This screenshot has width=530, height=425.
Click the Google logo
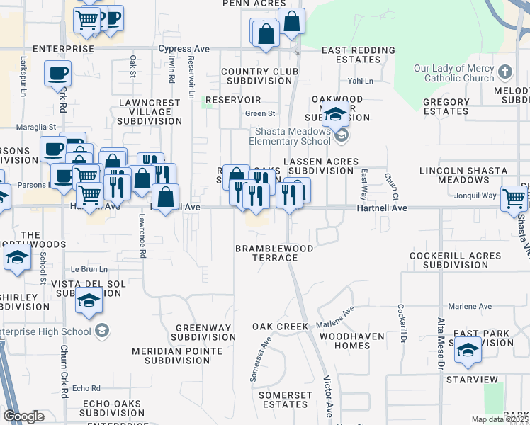click(x=23, y=416)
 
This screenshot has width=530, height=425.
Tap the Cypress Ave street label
click(x=184, y=49)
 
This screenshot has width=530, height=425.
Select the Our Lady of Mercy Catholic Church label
click(x=454, y=74)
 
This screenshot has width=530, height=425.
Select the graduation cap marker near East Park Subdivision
click(x=468, y=352)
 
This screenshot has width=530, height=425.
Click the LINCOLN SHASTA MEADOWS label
click(x=463, y=176)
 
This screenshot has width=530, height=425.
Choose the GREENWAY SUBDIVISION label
click(x=205, y=332)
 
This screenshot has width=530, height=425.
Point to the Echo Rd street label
click(x=86, y=388)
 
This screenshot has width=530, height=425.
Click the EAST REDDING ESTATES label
click(x=358, y=55)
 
